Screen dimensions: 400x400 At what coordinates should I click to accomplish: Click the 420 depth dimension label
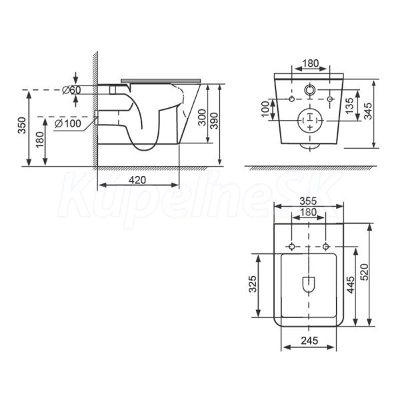137,180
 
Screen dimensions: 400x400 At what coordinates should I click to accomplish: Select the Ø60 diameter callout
72,90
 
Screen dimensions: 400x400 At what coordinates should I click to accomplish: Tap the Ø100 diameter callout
68,123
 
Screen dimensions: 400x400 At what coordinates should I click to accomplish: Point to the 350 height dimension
23,125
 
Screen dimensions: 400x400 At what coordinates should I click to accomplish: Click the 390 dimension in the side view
215,121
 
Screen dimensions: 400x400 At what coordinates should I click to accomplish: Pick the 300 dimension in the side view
202,117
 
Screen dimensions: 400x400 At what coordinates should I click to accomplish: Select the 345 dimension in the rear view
367,111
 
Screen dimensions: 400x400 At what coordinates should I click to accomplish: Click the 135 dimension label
349,105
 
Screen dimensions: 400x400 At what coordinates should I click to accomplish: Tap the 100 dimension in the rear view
265,109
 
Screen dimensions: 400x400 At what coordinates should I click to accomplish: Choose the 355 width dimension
308,201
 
